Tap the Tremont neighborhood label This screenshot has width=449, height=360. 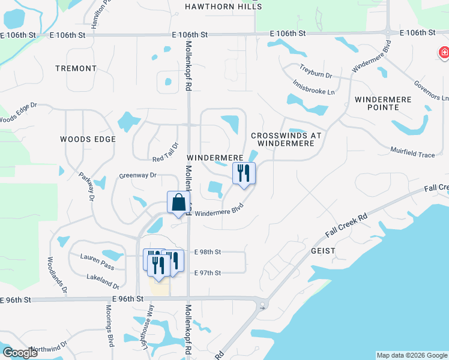click(76, 68)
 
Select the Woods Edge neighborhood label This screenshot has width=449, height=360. click(88, 139)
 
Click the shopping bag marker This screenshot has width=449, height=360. click(179, 203)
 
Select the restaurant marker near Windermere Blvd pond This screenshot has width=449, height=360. click(244, 173)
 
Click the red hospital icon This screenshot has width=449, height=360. click(444, 54)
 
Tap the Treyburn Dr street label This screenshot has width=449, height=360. click(316, 72)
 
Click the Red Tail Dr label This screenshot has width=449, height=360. click(166, 151)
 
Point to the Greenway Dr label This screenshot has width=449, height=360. click(137, 175)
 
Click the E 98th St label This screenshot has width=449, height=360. click(208, 252)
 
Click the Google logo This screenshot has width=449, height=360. click(20, 353)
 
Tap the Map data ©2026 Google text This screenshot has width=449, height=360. click(411, 355)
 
